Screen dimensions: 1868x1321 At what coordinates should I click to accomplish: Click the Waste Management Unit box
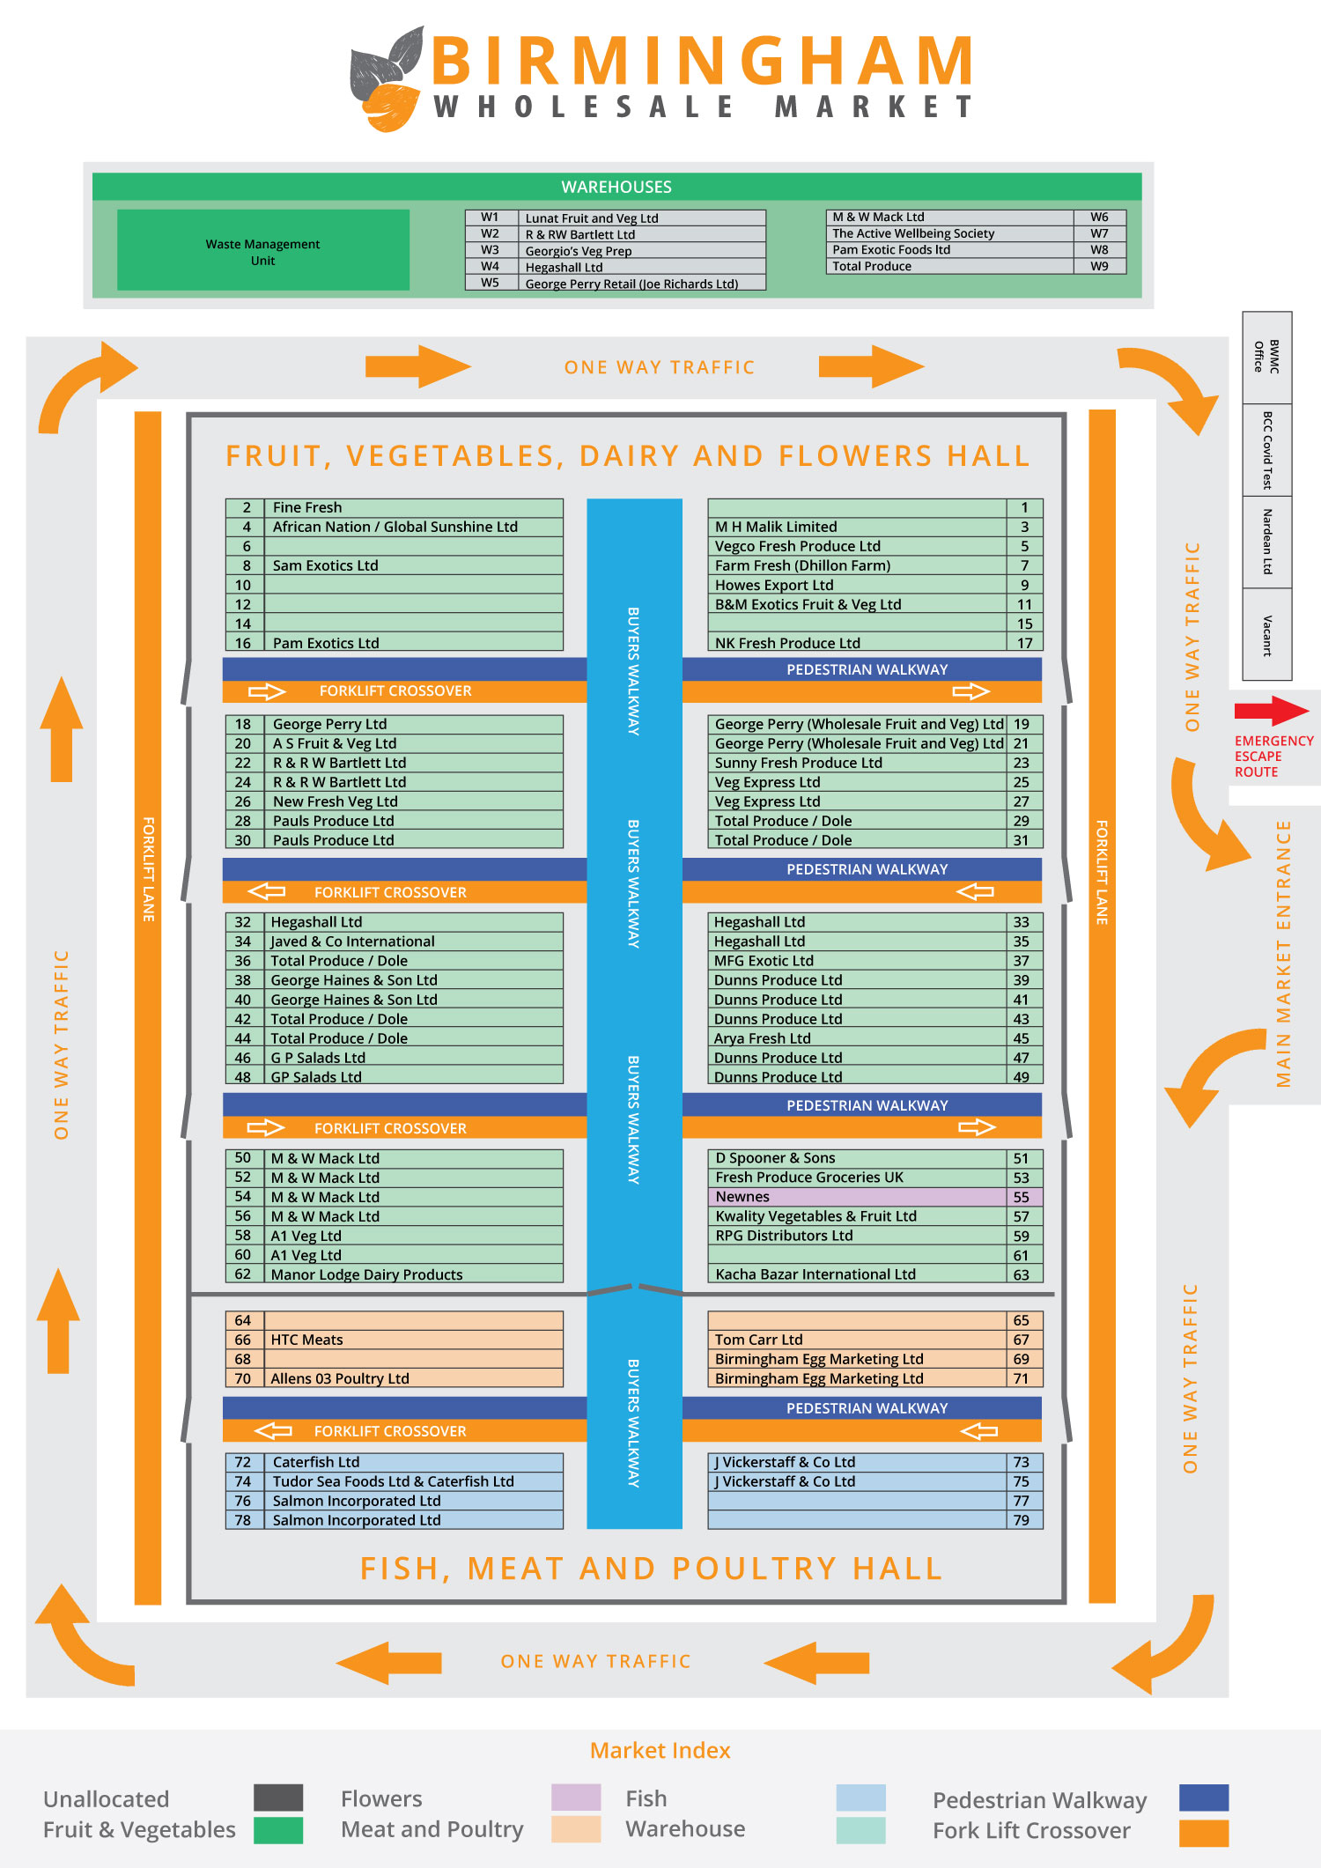(262, 250)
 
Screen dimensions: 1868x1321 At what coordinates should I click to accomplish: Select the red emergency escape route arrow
(1271, 711)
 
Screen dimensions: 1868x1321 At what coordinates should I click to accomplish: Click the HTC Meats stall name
(306, 1340)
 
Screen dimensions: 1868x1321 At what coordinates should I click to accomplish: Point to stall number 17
(1024, 643)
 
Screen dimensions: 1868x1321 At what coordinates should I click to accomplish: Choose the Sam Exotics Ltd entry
(325, 565)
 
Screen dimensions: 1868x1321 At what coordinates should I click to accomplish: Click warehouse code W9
(1099, 266)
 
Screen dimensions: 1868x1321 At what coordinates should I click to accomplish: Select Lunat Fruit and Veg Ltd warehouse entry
(592, 218)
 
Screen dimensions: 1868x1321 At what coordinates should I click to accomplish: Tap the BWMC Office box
(1266, 357)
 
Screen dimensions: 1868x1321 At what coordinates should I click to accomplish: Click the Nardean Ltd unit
(1266, 542)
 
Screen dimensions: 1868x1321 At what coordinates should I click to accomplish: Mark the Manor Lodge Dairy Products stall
(366, 1274)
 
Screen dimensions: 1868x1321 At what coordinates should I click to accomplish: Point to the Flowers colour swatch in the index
(576, 1797)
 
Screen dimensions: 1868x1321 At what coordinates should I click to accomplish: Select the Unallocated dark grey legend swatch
(278, 1797)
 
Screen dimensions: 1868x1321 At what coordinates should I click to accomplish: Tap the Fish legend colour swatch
(860, 1797)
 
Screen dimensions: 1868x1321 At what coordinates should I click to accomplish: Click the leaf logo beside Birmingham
(387, 79)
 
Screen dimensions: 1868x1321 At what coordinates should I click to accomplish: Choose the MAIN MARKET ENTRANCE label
(1284, 953)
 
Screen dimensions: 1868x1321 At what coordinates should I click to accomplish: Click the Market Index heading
(660, 1750)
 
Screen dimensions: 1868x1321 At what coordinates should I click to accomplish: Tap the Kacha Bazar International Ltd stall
(815, 1274)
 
